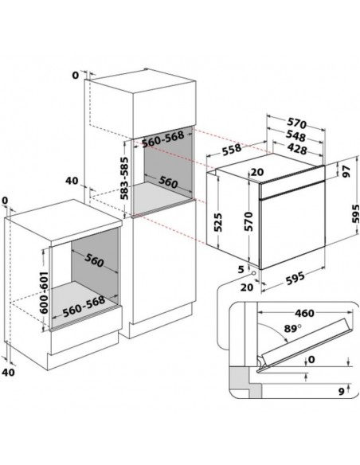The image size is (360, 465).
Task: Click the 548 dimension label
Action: [296, 136]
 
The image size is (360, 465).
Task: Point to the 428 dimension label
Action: [297, 149]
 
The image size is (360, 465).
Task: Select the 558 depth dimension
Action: [232, 149]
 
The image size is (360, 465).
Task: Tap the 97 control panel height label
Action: [346, 171]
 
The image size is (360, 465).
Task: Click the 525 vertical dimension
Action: [217, 222]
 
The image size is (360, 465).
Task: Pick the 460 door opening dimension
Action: [304, 313]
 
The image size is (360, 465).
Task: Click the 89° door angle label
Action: [292, 329]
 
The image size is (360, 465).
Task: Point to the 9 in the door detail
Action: [342, 392]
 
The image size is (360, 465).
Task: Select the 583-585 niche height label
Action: [125, 178]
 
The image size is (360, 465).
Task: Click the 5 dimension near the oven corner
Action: [241, 269]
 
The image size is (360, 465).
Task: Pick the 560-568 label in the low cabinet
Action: [84, 306]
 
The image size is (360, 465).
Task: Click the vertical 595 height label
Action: [355, 213]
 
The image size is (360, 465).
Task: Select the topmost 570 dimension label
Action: [296, 123]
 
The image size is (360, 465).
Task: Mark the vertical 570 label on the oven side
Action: [248, 221]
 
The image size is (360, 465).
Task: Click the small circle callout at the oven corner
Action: [253, 272]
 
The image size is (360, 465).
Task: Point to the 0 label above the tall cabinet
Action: [76, 76]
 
